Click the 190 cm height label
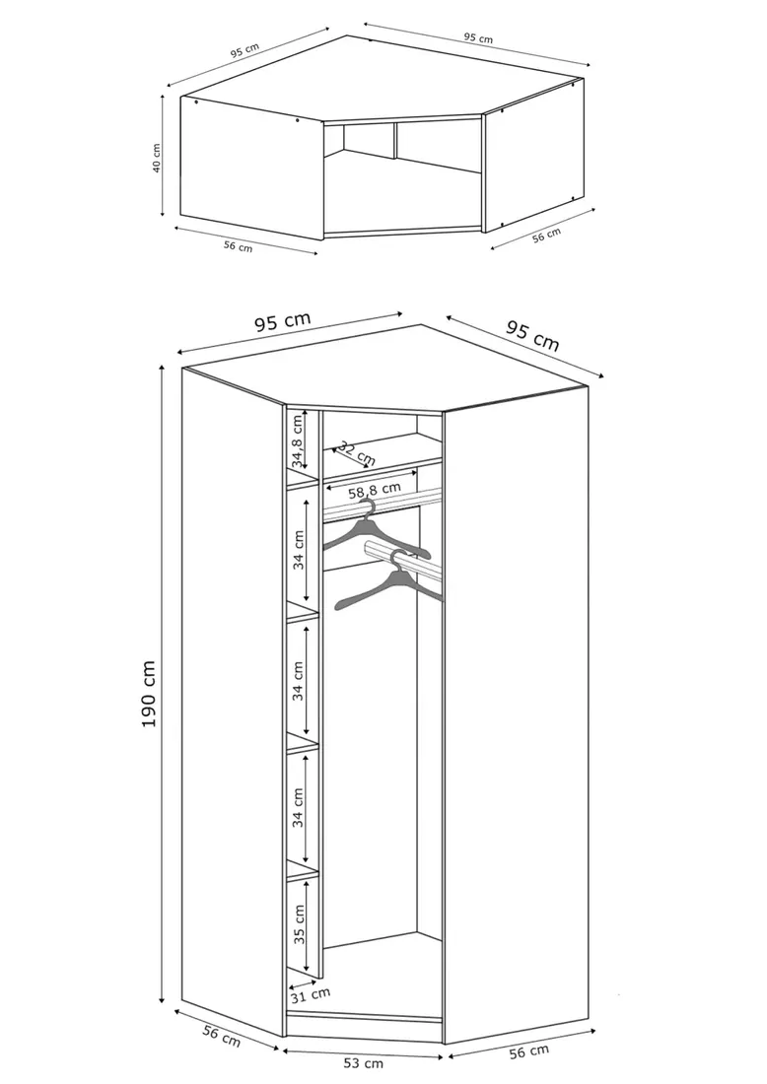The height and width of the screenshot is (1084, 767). point(148,694)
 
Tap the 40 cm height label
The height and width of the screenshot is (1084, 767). point(157,159)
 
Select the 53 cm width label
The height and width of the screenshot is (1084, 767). point(365,1064)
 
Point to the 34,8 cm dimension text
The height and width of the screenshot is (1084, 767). point(297,438)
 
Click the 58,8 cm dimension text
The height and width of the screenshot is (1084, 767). point(375,490)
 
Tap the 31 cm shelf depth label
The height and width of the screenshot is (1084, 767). point(311,995)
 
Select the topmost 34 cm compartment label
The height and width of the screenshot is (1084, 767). point(298,550)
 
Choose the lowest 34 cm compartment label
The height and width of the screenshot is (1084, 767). point(298,807)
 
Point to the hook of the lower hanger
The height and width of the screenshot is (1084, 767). point(397,559)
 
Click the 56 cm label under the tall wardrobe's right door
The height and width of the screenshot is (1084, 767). point(528,1052)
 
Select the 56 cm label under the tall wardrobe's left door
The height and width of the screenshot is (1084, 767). point(221,1036)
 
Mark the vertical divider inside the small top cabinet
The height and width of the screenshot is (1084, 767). point(395,142)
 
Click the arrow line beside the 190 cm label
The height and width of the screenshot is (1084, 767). point(162,684)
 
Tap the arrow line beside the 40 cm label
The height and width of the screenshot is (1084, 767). point(163,157)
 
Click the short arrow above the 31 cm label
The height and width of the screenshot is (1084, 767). point(304,983)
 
